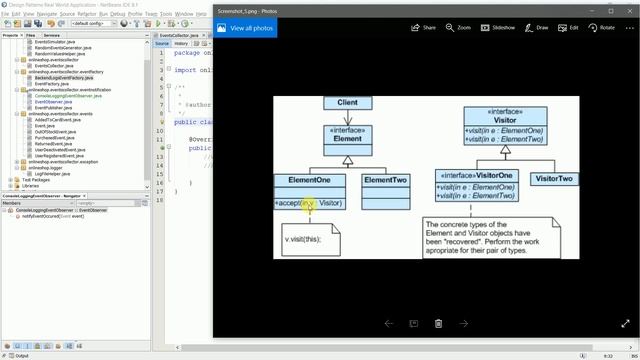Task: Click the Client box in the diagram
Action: click(347, 103)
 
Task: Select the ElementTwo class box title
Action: click(385, 180)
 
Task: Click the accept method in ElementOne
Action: click(289, 204)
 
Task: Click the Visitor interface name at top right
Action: click(505, 121)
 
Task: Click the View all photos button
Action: click(245, 28)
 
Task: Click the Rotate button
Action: click(602, 28)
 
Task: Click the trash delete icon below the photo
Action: click(438, 323)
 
